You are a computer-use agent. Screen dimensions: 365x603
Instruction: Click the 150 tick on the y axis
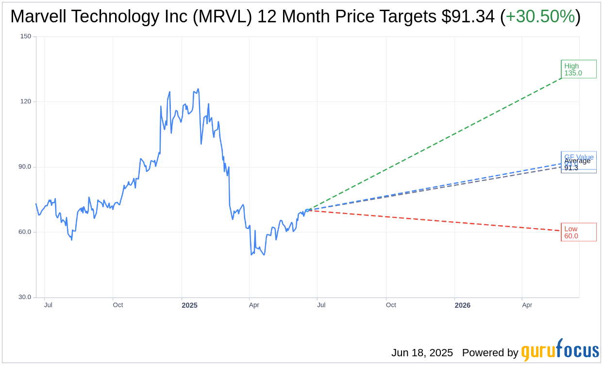pos(26,36)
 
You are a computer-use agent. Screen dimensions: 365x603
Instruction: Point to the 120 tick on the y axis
pos(26,101)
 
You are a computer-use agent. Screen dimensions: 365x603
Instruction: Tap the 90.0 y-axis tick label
pos(25,166)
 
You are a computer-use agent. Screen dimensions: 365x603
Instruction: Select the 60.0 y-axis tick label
pos(25,232)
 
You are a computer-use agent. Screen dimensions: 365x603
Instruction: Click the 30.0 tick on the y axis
pos(25,297)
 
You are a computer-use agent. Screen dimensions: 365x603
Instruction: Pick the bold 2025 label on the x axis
pos(189,305)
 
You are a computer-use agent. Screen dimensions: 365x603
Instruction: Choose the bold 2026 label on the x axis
pos(462,305)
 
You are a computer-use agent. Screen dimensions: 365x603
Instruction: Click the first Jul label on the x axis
pos(48,305)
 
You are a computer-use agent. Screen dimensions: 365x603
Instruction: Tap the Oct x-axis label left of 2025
pos(118,305)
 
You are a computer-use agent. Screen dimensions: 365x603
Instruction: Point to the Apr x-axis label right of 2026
pos(527,305)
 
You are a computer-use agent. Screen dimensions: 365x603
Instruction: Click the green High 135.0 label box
pos(578,69)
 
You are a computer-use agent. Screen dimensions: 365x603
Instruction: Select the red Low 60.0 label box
pos(578,232)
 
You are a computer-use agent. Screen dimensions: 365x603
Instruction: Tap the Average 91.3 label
pos(577,165)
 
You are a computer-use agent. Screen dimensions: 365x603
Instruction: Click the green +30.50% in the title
pos(540,17)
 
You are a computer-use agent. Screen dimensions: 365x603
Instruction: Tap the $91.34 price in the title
pos(468,17)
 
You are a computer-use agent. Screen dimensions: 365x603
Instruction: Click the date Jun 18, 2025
pos(422,353)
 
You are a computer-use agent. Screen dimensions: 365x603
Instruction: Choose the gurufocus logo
pos(560,351)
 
